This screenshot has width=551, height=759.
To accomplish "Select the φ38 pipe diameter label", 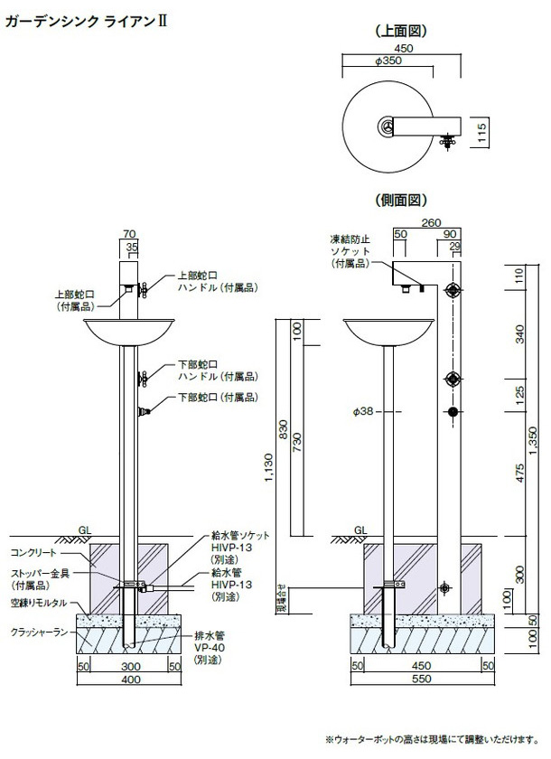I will pos(363,412).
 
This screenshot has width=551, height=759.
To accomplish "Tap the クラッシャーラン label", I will pos(37,632).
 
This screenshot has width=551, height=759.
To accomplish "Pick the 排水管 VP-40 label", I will pos(209,650).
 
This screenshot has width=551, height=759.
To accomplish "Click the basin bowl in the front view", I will pos(127,334).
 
